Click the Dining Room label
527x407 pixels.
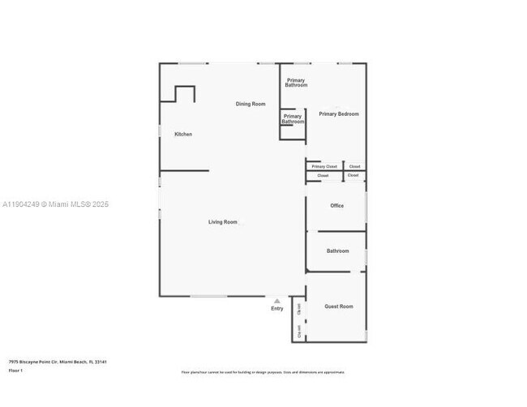pos(251,104)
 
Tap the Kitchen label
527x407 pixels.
pos(183,134)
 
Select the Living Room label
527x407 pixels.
pos(223,221)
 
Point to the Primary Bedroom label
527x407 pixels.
pos(338,114)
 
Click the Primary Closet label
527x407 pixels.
pos(324,166)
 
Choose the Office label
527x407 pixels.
pos(336,206)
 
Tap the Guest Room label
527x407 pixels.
pos(339,306)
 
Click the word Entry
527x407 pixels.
pos(277,308)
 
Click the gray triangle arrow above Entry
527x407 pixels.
pos(276,301)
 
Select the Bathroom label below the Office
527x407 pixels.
pos(337,251)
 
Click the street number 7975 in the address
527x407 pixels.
pos(14,362)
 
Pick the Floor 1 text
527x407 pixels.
pos(15,371)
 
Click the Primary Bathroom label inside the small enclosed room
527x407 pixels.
pos(292,119)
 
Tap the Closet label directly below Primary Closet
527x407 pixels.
pos(323,175)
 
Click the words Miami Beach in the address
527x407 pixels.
pos(72,362)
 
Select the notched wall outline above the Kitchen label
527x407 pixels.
pos(180,92)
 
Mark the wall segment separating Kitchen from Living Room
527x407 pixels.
pos(184,170)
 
